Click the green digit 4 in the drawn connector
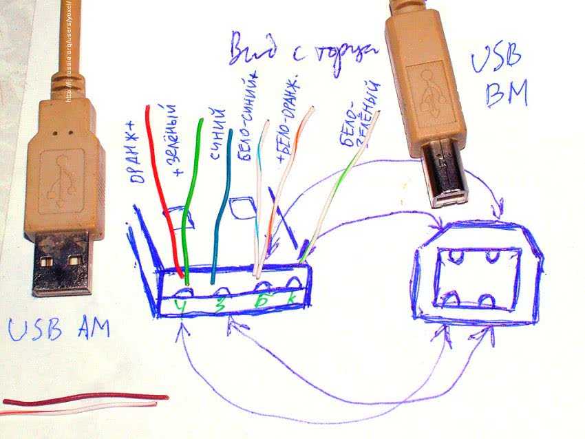pos(181,304)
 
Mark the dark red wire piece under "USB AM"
pos(83,399)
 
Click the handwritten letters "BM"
pos(505,94)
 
